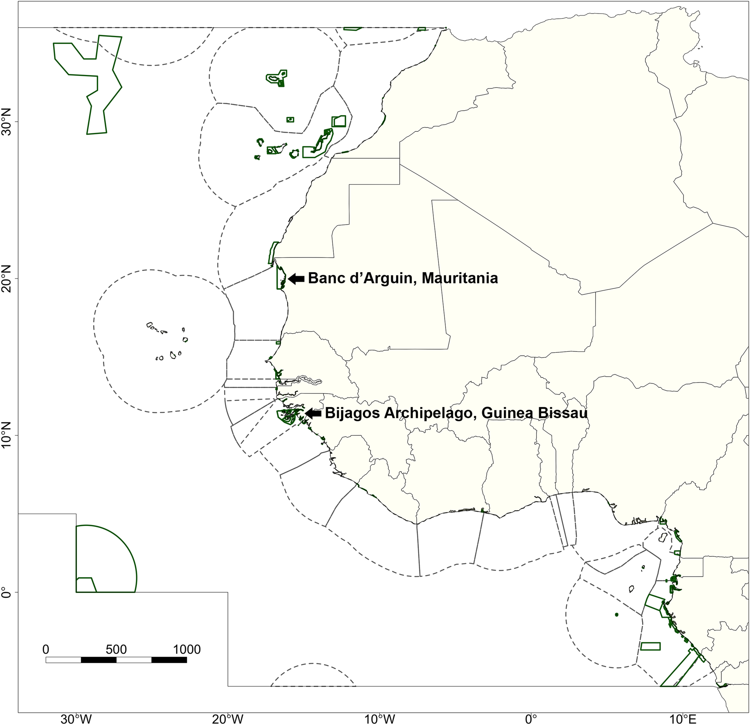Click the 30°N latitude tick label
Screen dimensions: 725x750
click(8, 122)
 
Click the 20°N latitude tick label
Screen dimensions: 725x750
click(8, 279)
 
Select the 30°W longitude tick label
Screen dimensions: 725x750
click(76, 718)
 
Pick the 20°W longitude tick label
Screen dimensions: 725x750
click(228, 718)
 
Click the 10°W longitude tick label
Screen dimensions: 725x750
click(379, 718)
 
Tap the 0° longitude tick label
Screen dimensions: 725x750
click(531, 718)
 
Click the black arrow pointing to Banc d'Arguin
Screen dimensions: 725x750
click(296, 279)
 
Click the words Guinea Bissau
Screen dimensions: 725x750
click(535, 413)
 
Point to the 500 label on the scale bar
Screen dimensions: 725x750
click(116, 649)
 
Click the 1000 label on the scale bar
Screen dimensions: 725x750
click(187, 649)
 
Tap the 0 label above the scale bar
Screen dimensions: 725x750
click(46, 649)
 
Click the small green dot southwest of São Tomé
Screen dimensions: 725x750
click(616, 614)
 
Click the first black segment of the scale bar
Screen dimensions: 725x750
click(99, 660)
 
